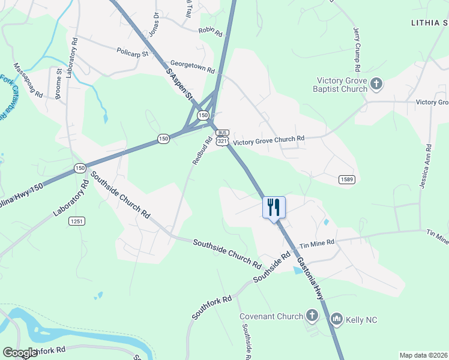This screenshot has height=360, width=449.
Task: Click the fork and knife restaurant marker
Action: [274, 208]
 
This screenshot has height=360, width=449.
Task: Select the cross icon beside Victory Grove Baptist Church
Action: [376, 83]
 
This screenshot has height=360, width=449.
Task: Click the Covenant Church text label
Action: [271, 316]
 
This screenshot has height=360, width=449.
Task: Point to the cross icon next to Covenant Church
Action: [312, 316]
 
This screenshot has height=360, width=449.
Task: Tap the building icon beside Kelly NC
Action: [336, 319]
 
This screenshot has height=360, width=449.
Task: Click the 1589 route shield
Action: [346, 179]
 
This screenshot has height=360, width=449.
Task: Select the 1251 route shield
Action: [77, 221]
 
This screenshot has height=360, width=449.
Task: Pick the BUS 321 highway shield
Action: [222, 137]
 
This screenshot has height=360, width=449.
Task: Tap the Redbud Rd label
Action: [202, 152]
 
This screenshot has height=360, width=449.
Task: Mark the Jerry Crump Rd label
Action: [359, 45]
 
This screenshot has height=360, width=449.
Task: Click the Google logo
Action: [20, 353]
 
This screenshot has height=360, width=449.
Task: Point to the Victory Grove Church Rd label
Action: [269, 140]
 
